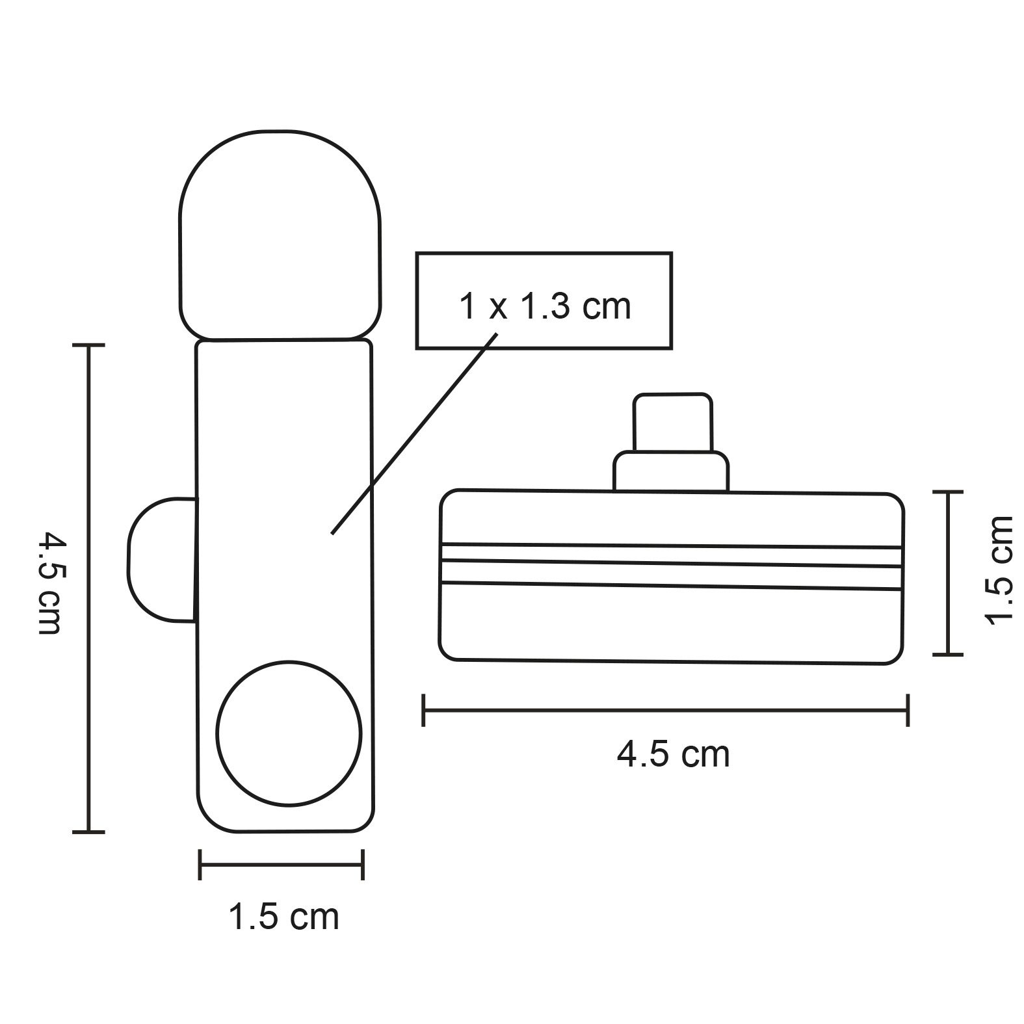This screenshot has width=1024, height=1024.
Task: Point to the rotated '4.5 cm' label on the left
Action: (x=50, y=583)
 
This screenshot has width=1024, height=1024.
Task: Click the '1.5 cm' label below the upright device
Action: (x=283, y=917)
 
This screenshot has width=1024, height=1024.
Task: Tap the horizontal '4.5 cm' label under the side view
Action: (x=674, y=755)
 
